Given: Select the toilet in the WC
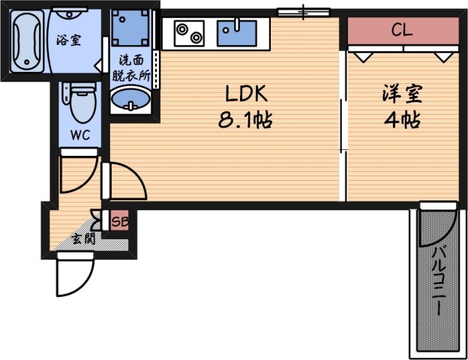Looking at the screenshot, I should (x=79, y=103).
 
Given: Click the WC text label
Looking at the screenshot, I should (x=79, y=136).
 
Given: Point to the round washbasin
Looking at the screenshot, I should (x=130, y=99).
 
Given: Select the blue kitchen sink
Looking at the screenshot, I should (x=237, y=33).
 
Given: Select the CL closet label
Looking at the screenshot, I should (x=402, y=31).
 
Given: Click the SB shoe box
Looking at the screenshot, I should (x=118, y=221).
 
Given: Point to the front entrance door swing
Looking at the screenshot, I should (x=73, y=275).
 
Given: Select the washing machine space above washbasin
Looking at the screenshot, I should (x=130, y=29).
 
